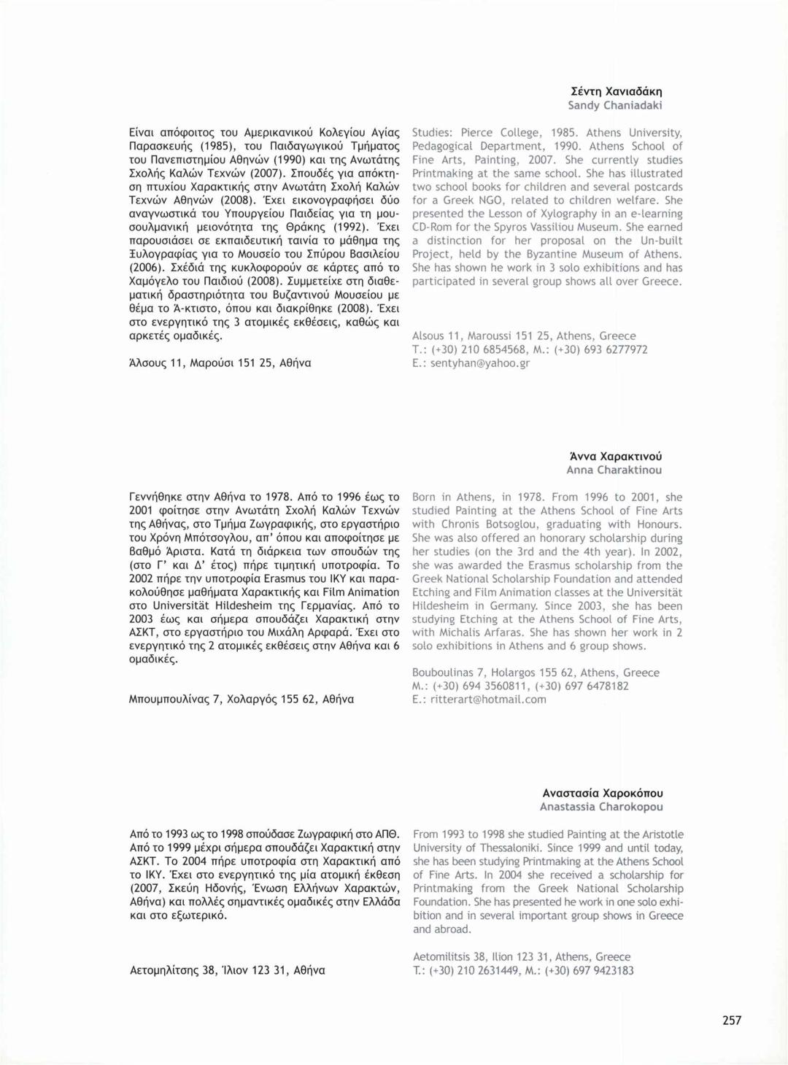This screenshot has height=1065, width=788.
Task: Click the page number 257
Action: tap(732, 1021)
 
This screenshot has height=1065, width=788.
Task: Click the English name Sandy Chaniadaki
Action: tap(615, 105)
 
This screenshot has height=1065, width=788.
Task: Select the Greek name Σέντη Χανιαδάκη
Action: tap(617, 92)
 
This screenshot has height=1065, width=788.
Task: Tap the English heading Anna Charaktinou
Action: tap(614, 470)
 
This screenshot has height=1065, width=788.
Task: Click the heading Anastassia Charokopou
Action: tap(601, 807)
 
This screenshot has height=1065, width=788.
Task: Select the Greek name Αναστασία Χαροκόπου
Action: tap(603, 793)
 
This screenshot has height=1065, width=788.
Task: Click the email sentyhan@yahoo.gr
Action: tap(479, 363)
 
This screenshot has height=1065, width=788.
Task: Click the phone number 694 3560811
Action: tap(492, 686)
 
